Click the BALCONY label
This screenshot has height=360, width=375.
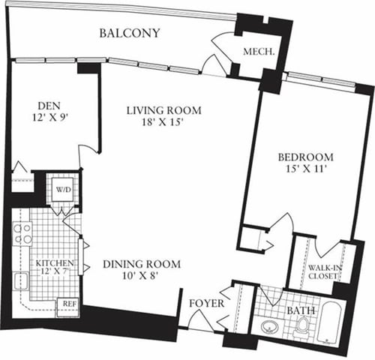pyautogui.click(x=130, y=33)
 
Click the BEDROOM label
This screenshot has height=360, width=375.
pyautogui.click(x=305, y=157)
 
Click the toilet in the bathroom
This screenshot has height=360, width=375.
pyautogui.click(x=303, y=325)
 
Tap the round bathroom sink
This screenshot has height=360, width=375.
pyautogui.click(x=268, y=328)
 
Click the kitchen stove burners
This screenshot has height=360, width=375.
pyautogui.click(x=22, y=233)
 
